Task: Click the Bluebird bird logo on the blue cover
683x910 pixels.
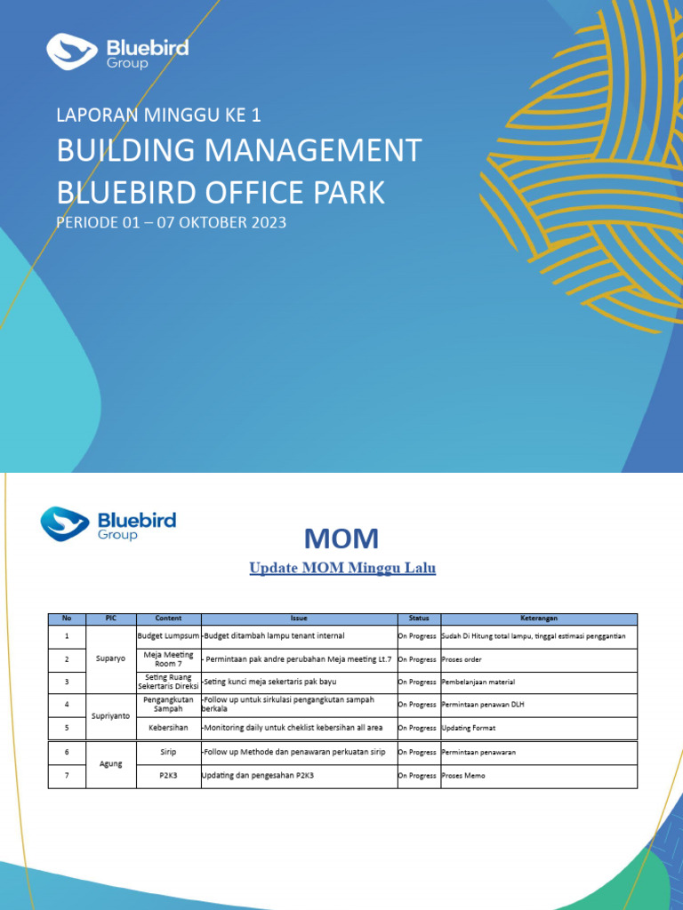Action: pos(72,51)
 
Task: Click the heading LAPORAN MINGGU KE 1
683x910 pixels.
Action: pos(158,115)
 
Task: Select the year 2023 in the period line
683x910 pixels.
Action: pos(264,222)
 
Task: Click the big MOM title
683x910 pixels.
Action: pos(341,538)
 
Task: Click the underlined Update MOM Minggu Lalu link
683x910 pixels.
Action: pos(342,568)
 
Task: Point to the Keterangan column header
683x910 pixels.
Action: pos(539,619)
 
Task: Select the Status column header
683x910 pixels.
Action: pos(418,619)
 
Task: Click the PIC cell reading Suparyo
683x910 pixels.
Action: pos(111,659)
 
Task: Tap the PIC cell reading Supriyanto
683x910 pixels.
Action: pos(111,715)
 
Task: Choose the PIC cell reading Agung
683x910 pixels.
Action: pos(111,763)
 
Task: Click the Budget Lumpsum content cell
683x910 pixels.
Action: pos(168,636)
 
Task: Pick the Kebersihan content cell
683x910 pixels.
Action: pos(168,728)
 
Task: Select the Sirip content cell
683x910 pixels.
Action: pos(168,752)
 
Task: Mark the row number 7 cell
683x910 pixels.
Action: pos(66,776)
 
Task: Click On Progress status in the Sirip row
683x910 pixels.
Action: pos(417,752)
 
